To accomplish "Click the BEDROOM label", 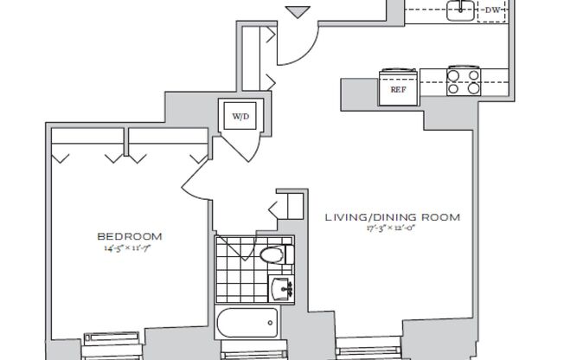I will point(129,236).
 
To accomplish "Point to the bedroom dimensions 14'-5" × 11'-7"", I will point(129,248).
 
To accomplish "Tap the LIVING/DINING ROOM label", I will point(392,217).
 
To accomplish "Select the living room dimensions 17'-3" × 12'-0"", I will point(392,229).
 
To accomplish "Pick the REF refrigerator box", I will point(399,88).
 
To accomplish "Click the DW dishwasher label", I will point(493,10).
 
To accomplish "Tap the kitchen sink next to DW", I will point(459,10).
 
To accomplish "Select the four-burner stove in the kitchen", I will point(463,80).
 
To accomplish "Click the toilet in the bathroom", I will point(274,254).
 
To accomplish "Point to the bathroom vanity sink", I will point(283,287).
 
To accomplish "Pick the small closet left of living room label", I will point(288,207).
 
